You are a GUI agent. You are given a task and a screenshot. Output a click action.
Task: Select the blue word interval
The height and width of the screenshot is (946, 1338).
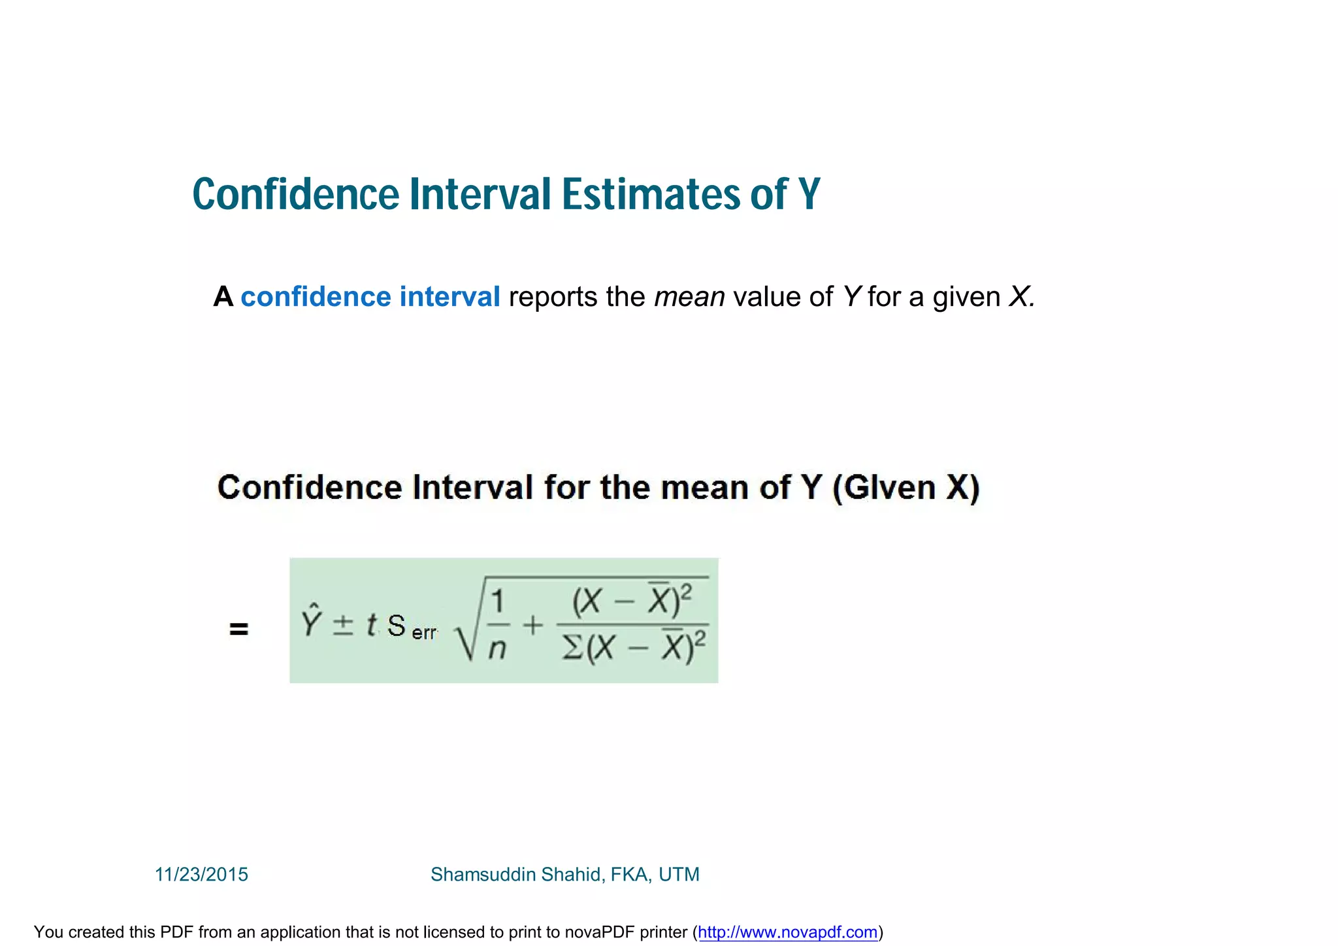click(450, 297)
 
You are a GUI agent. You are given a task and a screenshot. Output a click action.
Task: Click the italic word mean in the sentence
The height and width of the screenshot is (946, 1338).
click(689, 297)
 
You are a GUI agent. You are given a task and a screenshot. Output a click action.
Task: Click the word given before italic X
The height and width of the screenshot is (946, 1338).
click(966, 297)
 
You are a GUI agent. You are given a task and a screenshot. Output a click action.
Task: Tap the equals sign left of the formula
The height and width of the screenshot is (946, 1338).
click(238, 629)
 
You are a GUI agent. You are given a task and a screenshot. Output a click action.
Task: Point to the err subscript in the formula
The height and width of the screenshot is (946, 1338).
click(425, 633)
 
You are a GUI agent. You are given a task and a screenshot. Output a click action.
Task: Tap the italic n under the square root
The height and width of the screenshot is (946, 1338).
click(498, 649)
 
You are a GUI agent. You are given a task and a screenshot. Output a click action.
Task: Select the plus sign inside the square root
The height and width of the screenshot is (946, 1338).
click(533, 626)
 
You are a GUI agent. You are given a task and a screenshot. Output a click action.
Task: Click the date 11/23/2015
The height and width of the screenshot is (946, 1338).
click(201, 874)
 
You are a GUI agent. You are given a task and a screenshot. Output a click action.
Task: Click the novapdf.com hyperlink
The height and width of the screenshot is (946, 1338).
click(787, 932)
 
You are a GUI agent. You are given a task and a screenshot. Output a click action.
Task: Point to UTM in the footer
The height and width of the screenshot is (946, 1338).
click(679, 874)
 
